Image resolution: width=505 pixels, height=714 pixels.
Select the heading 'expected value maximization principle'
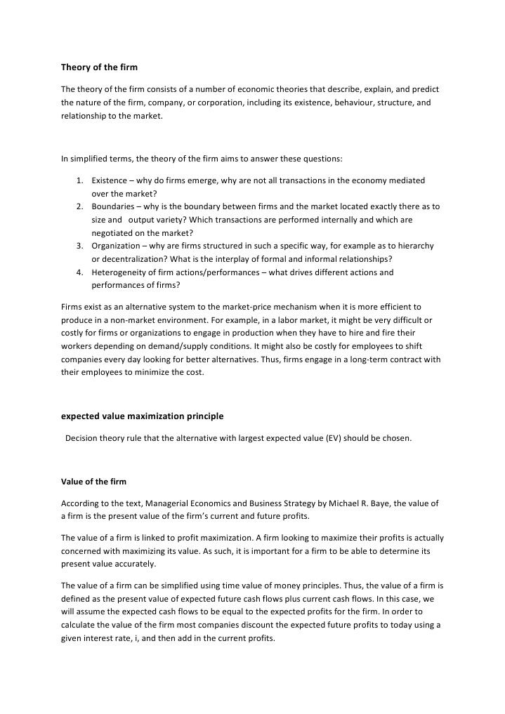pyautogui.click(x=142, y=416)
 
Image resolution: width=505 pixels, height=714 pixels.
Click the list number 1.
pyautogui.click(x=80, y=181)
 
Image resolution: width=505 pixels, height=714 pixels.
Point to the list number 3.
pyautogui.click(x=80, y=246)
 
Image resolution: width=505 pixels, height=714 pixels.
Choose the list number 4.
pyautogui.click(x=80, y=272)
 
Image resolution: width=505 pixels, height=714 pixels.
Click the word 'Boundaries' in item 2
pyautogui.click(x=113, y=207)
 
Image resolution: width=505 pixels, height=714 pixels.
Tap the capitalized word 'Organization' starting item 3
pyautogui.click(x=116, y=246)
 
